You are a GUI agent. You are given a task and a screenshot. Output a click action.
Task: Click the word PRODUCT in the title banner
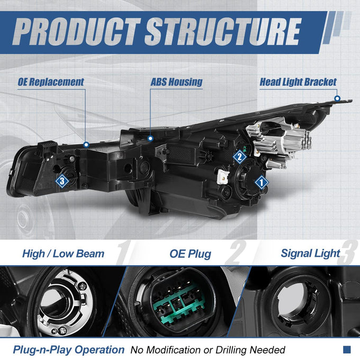click(x=77, y=31)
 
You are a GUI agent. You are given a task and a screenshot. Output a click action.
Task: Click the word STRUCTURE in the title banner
click(x=223, y=31)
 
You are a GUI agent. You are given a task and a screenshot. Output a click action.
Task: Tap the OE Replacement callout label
click(x=51, y=82)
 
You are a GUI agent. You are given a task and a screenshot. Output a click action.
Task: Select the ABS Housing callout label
click(x=176, y=82)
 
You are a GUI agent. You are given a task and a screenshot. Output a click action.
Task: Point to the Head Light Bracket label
click(x=298, y=82)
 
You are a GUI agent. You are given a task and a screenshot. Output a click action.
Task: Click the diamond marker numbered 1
click(x=262, y=183)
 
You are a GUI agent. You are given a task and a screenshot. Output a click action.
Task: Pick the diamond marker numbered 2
click(x=240, y=157)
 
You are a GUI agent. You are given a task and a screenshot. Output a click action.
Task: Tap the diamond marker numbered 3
click(x=62, y=181)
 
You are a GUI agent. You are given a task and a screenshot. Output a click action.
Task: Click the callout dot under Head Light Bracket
click(x=337, y=98)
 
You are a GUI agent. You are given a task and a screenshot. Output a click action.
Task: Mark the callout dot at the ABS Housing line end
click(x=150, y=139)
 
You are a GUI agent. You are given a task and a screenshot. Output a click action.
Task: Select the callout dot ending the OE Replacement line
click(x=86, y=145)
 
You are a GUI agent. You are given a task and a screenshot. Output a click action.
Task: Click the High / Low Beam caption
click(x=63, y=254)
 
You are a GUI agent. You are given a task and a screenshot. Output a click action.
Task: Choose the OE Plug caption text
click(x=190, y=254)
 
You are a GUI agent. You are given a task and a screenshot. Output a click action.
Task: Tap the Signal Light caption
click(x=310, y=254)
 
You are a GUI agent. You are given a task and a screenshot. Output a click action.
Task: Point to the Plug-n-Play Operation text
click(x=69, y=349)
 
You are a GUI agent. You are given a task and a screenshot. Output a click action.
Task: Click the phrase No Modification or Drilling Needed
click(x=208, y=350)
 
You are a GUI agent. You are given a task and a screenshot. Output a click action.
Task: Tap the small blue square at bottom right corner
click(x=347, y=349)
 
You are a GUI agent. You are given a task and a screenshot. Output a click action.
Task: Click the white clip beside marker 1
click(x=223, y=177)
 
